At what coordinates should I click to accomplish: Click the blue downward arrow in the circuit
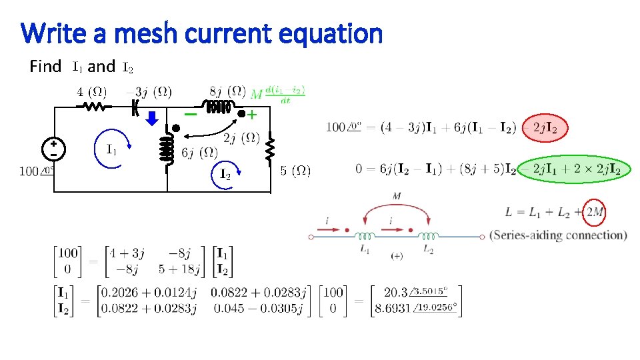(x=152, y=119)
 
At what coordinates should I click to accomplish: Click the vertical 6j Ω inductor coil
(x=167, y=149)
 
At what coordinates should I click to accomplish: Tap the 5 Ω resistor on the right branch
(x=270, y=149)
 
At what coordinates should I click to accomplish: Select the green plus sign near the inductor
(x=252, y=115)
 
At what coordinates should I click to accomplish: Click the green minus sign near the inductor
(x=191, y=114)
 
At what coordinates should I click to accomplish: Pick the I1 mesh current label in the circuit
(x=112, y=149)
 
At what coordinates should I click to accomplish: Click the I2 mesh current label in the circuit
(x=225, y=174)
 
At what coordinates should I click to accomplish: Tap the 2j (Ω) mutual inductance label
(x=241, y=139)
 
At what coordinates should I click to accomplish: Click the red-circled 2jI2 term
(x=545, y=127)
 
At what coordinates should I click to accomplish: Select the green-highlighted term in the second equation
(x=572, y=169)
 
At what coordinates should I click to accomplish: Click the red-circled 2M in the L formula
(x=593, y=212)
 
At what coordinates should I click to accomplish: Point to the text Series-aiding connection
(x=559, y=235)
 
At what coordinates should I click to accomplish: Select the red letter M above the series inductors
(x=398, y=196)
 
